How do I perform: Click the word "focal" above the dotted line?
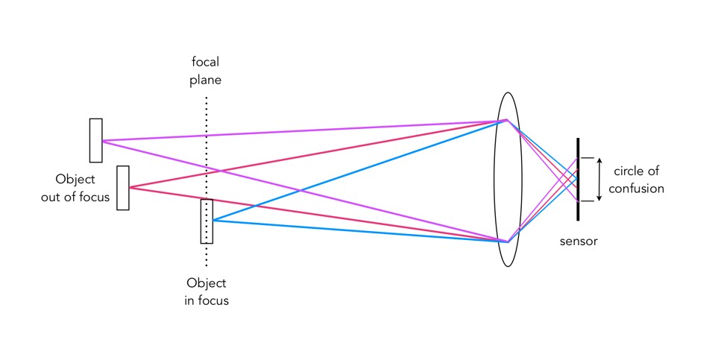[x=207, y=62]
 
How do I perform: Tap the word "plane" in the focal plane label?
[x=207, y=79]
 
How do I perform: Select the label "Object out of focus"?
[x=83, y=188]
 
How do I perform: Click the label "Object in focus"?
[x=207, y=292]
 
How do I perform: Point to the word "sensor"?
[x=578, y=241]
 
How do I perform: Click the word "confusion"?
[x=636, y=189]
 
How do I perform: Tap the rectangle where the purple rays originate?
[x=95, y=140]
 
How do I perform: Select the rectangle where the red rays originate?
[x=123, y=187]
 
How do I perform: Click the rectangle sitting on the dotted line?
[x=207, y=221]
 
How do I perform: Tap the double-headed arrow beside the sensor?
[x=599, y=179]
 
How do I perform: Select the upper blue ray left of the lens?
[x=358, y=169]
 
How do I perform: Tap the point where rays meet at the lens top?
[x=506, y=119]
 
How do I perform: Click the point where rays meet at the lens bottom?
[x=507, y=241]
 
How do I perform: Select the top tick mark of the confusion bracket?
[x=587, y=157]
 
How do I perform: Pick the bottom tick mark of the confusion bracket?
[x=587, y=201]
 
